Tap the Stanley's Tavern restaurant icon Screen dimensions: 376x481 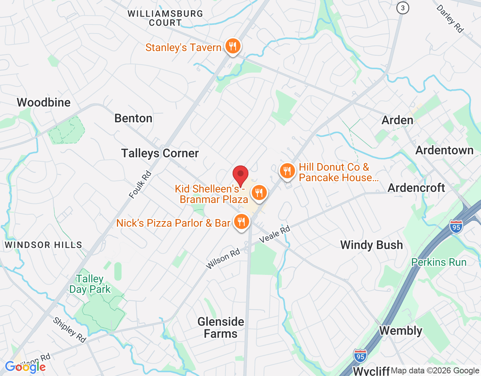pyautogui.click(x=233, y=47)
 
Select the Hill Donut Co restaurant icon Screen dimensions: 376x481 pyautogui.click(x=287, y=171)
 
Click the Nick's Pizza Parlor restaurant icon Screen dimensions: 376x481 pyautogui.click(x=241, y=222)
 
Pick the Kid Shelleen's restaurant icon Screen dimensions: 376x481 pyautogui.click(x=259, y=193)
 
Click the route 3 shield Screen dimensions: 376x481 pyautogui.click(x=403, y=8)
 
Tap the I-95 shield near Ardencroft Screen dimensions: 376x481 pyautogui.click(x=456, y=227)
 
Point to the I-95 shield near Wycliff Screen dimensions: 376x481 pyautogui.click(x=360, y=356)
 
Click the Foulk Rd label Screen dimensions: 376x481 pyautogui.click(x=140, y=184)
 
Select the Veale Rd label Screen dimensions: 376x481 pyautogui.click(x=275, y=234)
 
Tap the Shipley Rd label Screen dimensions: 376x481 pyautogui.click(x=70, y=330)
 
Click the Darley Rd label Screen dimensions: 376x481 pyautogui.click(x=450, y=19)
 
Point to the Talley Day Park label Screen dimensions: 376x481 pyautogui.click(x=90, y=284)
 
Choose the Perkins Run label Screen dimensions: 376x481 pyautogui.click(x=439, y=262)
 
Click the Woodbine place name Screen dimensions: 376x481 pyautogui.click(x=44, y=102)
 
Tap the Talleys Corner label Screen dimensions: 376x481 pyautogui.click(x=160, y=153)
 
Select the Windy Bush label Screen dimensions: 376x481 pyautogui.click(x=371, y=245)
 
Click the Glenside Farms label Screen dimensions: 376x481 pyautogui.click(x=221, y=327)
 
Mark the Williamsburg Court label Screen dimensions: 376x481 pyautogui.click(x=165, y=18)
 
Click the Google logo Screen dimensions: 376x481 pyautogui.click(x=25, y=367)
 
